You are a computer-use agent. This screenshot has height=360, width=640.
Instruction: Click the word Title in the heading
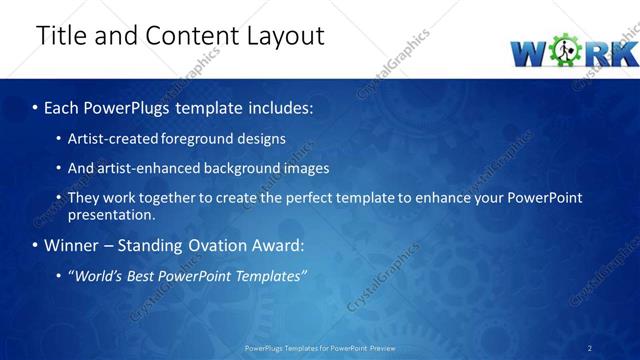62,36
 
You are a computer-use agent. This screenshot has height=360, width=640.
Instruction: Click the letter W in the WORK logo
529,52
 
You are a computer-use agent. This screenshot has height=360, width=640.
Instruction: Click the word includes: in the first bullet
272,107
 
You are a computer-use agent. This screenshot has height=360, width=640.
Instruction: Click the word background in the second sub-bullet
246,168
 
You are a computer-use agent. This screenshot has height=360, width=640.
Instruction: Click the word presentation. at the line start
111,214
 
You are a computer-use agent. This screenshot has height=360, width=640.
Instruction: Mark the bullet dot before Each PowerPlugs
35,107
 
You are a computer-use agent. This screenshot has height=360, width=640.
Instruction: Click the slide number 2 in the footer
589,348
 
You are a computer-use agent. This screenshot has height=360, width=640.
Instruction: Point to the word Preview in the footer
379,348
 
